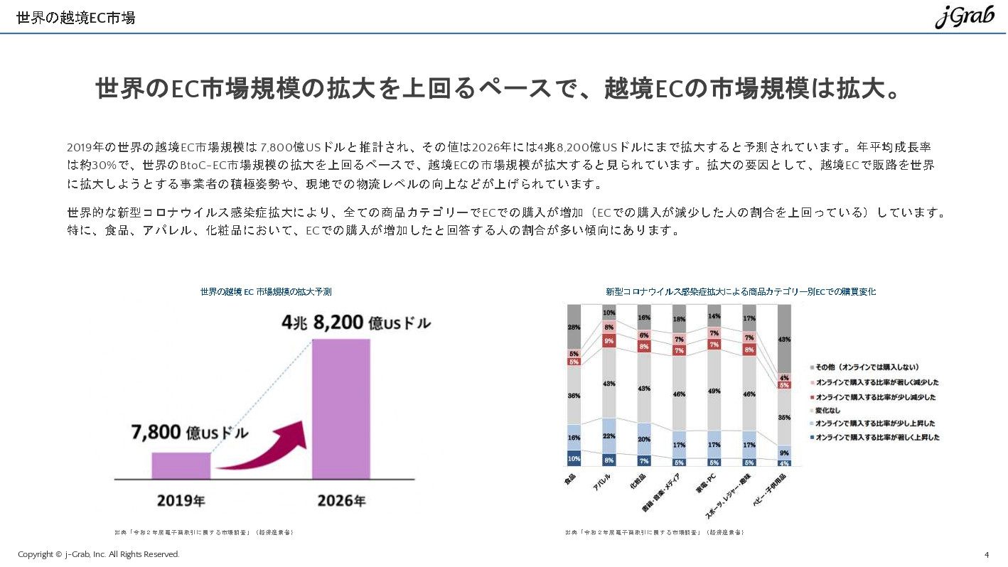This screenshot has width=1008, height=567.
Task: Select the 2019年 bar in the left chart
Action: click(181, 465)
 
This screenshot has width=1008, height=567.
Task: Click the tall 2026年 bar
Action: click(341, 409)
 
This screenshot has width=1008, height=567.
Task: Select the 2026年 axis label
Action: click(342, 501)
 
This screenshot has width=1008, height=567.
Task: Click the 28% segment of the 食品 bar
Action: click(574, 327)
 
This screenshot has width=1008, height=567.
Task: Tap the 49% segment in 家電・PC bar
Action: click(714, 390)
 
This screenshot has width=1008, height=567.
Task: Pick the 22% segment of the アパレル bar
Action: click(609, 436)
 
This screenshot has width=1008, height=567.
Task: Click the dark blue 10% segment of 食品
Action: click(574, 458)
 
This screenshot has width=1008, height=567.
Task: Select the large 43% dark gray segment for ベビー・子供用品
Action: click(784, 340)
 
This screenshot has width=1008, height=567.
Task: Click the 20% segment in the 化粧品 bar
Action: click(644, 439)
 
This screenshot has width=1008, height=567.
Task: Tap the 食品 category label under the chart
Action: click(569, 480)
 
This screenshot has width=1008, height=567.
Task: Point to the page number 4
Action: click(987, 554)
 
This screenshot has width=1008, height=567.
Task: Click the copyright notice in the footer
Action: click(99, 554)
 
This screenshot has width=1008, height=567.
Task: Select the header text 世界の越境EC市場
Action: click(75, 18)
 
